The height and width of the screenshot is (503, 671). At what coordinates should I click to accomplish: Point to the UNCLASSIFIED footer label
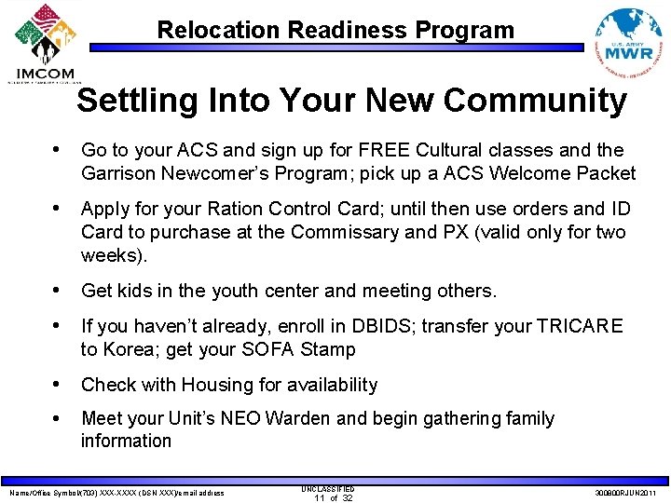pyautogui.click(x=327, y=488)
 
